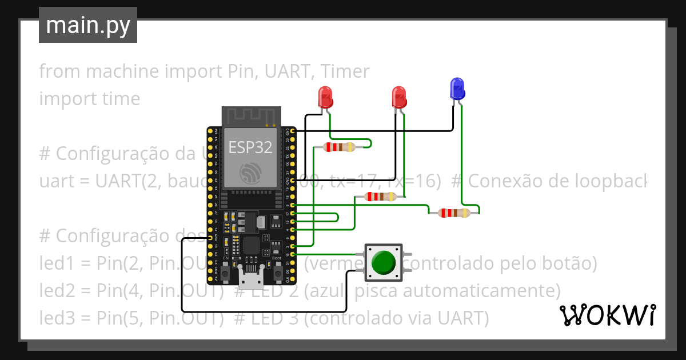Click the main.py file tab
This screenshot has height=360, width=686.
click(x=88, y=25)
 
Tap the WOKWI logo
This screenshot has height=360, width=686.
click(x=607, y=315)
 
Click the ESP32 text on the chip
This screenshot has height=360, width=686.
click(x=250, y=147)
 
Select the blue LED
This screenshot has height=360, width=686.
click(x=457, y=89)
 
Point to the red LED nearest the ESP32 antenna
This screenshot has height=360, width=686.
click(x=325, y=97)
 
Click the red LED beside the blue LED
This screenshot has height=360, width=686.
click(x=398, y=97)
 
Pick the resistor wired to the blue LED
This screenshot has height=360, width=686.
click(x=454, y=213)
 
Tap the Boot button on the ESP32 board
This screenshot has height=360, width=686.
click(x=278, y=274)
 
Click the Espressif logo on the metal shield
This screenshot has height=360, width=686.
click(x=250, y=172)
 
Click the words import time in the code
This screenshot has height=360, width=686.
click(x=89, y=98)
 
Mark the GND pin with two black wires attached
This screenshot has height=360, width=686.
click(x=293, y=181)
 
